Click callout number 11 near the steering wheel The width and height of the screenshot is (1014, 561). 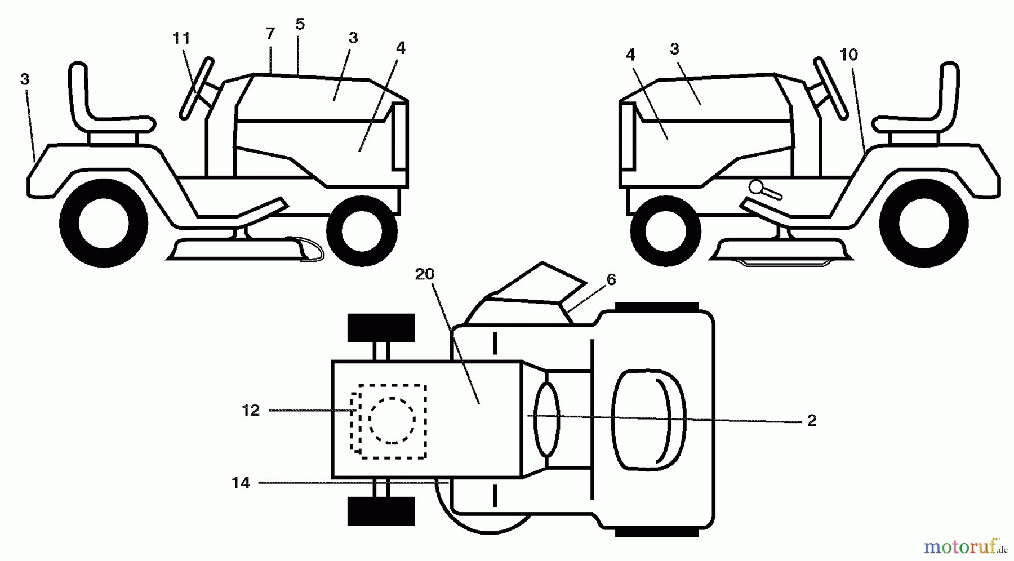coord(181,39)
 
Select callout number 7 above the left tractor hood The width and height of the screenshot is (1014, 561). coord(270,34)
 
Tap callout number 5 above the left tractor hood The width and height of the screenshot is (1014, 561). coord(300,24)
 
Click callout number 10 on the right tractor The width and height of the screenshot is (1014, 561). coord(848,55)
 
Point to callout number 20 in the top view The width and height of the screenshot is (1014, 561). coord(425,274)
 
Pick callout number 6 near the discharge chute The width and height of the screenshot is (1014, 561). coord(611,280)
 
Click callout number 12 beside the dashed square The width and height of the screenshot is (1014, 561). coord(251,411)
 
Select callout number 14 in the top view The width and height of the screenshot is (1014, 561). coord(241,483)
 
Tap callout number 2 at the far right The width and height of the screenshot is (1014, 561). coord(811,421)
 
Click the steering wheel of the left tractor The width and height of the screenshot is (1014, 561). coord(197,89)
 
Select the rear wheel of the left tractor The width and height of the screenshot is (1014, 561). coord(104,223)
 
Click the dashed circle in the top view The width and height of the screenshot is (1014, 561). coord(392,420)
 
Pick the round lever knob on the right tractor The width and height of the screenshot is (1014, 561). coord(755,186)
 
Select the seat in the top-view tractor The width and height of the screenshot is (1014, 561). coord(648,420)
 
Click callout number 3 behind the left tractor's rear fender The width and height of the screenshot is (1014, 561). coord(24,80)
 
